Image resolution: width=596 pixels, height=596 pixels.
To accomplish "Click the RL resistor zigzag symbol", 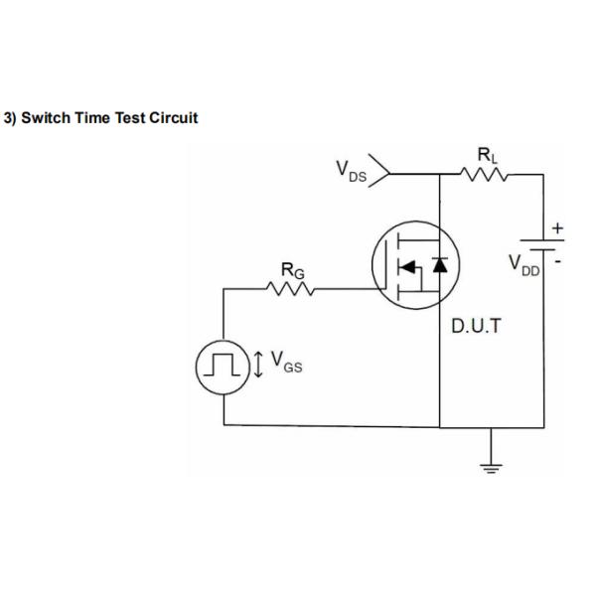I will point(487,175).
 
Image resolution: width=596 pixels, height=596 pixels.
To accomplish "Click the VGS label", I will point(287,364).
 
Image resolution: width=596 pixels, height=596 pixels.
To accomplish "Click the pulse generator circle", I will point(222,365).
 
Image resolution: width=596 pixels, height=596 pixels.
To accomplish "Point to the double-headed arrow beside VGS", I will point(258,365).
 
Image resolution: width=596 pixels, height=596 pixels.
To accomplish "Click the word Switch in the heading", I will point(50,118).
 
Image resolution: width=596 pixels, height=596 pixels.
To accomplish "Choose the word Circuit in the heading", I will point(174,118).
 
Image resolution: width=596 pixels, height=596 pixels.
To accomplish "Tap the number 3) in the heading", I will point(13,118).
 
